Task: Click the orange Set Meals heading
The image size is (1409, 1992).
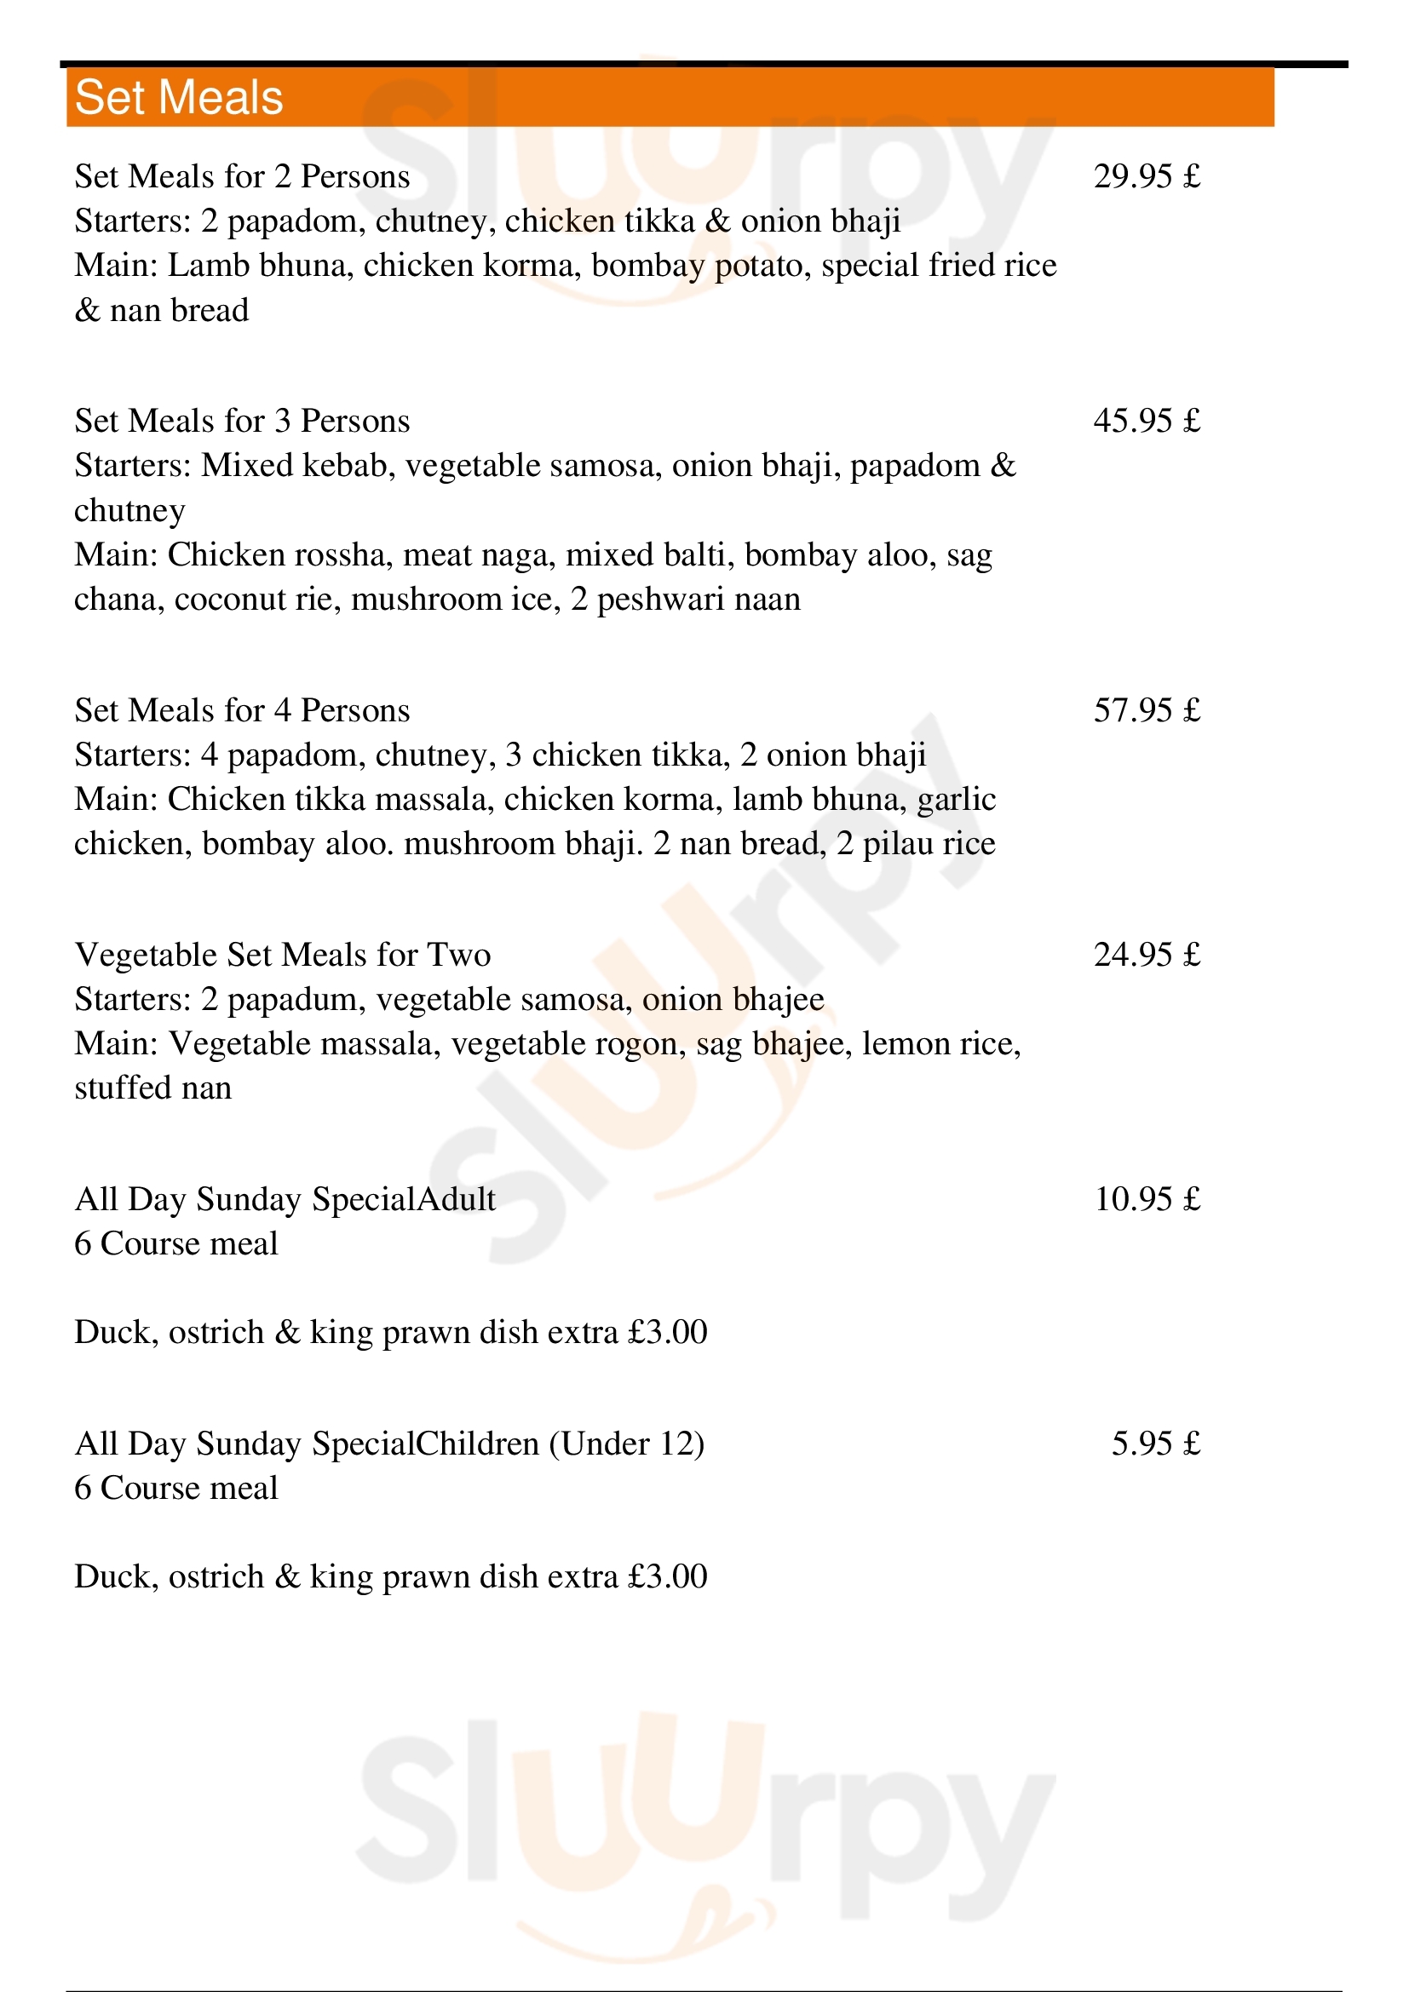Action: pyautogui.click(x=179, y=97)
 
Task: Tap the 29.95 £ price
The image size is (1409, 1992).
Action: pyautogui.click(x=1146, y=177)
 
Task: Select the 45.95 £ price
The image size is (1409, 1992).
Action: pyautogui.click(x=1146, y=422)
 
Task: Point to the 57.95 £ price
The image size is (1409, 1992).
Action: pyautogui.click(x=1146, y=710)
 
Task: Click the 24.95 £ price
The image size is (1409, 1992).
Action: pyautogui.click(x=1146, y=956)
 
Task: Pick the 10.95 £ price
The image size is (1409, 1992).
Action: pyautogui.click(x=1146, y=1200)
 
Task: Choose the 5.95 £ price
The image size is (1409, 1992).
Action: pyautogui.click(x=1156, y=1444)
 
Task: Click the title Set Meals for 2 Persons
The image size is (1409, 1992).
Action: pyautogui.click(x=242, y=177)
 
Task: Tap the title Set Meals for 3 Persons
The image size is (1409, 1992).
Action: pyautogui.click(x=242, y=422)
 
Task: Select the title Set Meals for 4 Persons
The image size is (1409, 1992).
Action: pyautogui.click(x=242, y=710)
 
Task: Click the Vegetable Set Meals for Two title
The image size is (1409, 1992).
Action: pyautogui.click(x=283, y=956)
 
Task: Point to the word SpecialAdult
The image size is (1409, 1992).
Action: pyautogui.click(x=405, y=1200)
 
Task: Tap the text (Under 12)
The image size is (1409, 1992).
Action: pyautogui.click(x=626, y=1444)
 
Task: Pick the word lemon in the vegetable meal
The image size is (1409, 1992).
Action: pyautogui.click(x=900, y=1044)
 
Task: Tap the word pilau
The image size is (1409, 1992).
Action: pyautogui.click(x=898, y=844)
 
